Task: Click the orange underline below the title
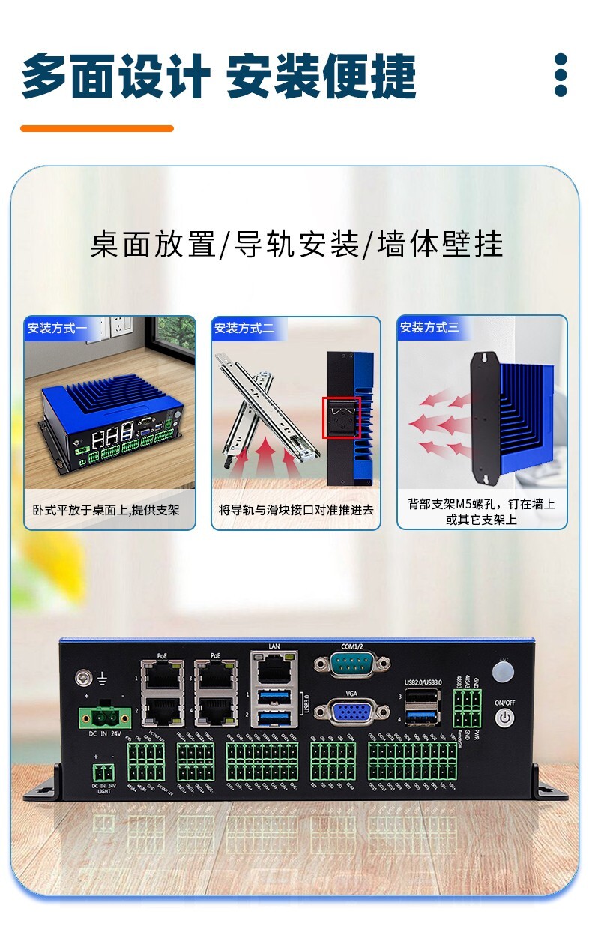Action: [97, 128]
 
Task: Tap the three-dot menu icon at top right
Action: [560, 75]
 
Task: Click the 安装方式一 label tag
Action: [57, 328]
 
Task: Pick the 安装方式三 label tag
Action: [429, 328]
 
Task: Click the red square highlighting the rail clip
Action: [341, 418]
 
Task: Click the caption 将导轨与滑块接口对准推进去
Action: [295, 510]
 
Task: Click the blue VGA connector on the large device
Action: [351, 712]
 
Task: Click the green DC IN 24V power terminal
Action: [103, 718]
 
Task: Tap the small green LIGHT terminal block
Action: [104, 772]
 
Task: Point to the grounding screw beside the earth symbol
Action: [83, 679]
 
